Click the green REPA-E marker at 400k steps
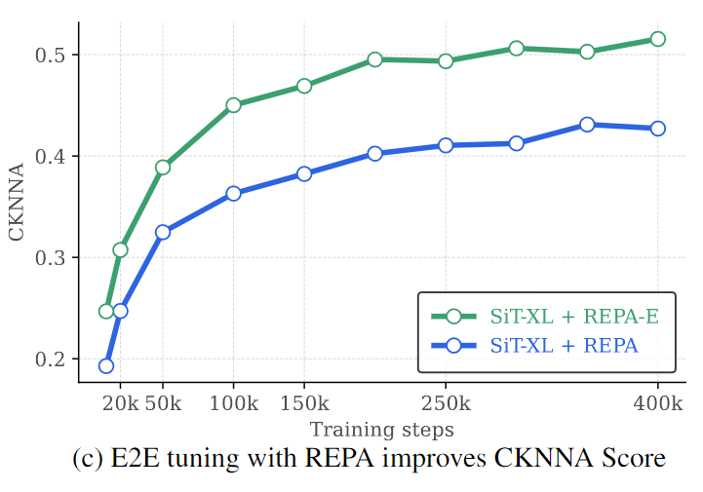[657, 39]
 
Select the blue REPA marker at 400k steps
[657, 129]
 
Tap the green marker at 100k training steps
[233, 105]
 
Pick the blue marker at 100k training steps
[233, 194]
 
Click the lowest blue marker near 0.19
[106, 366]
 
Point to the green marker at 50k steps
[163, 168]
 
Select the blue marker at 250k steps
[446, 145]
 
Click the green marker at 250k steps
[446, 61]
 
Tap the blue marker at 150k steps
[304, 173]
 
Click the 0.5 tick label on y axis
[55, 56]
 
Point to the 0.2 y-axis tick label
[55, 360]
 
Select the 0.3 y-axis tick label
[55, 258]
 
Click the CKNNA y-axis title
[17, 208]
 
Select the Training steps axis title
[381, 429]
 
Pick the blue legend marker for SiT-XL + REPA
[452, 345]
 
